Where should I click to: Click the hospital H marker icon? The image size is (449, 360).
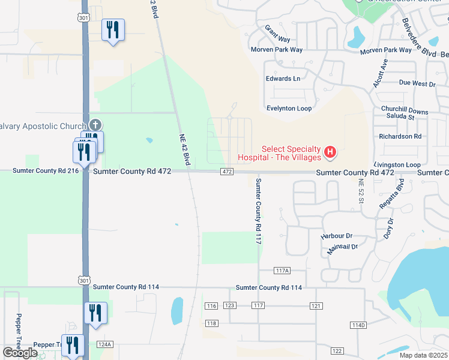[x=330, y=153]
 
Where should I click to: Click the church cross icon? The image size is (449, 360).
[x=95, y=125]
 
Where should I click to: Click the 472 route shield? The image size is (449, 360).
[x=226, y=172]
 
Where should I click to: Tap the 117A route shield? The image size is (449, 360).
[x=282, y=271]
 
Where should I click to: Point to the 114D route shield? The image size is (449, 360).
[x=358, y=325]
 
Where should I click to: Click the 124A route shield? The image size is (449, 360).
[x=105, y=344]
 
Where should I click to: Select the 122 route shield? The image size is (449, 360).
[x=337, y=350]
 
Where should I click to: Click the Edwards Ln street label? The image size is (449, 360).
[x=283, y=79]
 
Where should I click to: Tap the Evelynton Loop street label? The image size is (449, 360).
[x=289, y=109]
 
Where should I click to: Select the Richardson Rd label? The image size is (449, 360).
[x=400, y=136]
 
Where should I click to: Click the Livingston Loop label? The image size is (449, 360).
[x=397, y=164]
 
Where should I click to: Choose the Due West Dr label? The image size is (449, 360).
[x=417, y=84]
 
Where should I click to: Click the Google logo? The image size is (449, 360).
[x=20, y=353]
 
